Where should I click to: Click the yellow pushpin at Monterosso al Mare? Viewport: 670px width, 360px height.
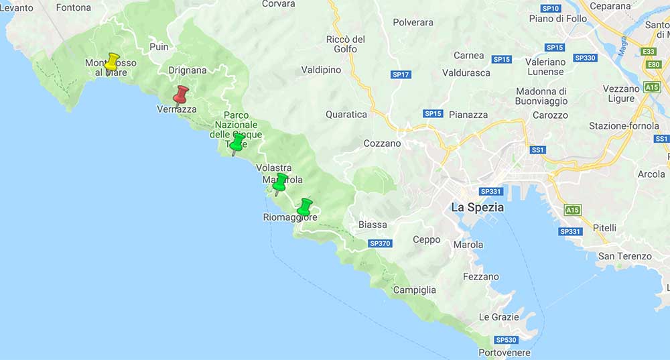[x=112, y=62]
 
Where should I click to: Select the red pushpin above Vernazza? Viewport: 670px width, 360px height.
[x=180, y=95]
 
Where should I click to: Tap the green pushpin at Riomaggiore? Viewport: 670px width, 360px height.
[x=305, y=206]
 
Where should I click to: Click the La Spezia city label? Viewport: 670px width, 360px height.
[x=477, y=207]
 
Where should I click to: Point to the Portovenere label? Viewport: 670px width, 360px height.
[x=505, y=353]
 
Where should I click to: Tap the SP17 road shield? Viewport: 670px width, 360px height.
[x=401, y=74]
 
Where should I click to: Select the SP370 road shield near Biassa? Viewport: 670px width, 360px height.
[x=380, y=243]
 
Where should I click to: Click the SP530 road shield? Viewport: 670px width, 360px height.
[x=505, y=340]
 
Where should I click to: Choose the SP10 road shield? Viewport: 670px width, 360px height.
[x=550, y=8]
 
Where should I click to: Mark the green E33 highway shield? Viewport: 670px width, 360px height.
[x=648, y=52]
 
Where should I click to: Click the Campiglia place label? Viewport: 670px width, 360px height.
[x=414, y=290]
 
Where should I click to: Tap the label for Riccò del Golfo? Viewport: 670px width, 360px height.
[x=346, y=44]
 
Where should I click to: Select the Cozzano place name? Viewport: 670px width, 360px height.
[x=382, y=143]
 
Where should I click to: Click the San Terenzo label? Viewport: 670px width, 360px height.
[x=624, y=256]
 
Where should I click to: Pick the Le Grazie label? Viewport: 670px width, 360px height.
[x=498, y=317]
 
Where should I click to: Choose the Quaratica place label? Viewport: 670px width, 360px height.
[x=346, y=115]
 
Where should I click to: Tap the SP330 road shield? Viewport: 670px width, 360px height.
[x=585, y=58]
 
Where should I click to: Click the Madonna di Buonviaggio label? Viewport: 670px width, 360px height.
[x=541, y=97]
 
